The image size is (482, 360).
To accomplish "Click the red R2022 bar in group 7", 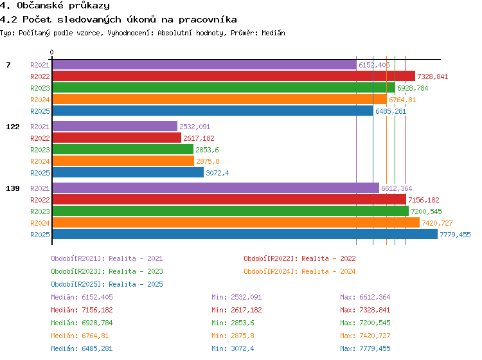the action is click(234, 76).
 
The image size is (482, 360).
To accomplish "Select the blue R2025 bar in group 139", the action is click(245, 234).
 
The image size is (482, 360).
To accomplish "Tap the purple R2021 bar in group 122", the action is click(115, 127).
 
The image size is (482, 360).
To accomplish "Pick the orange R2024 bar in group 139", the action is click(236, 222).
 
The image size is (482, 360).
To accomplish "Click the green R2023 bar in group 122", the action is click(123, 149).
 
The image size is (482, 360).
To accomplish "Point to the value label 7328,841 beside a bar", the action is click(433, 76).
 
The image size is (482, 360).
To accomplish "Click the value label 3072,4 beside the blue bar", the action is click(217, 173).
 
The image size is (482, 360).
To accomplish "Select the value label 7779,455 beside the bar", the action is click(455, 235).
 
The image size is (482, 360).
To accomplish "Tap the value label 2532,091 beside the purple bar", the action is click(195, 127).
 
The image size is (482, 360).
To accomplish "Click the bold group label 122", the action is click(13, 127).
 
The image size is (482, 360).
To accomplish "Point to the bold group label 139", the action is click(13, 188).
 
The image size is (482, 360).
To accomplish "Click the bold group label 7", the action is click(8, 65).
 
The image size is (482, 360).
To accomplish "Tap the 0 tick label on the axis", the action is click(51, 52).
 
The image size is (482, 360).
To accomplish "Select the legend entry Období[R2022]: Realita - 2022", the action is click(299, 258).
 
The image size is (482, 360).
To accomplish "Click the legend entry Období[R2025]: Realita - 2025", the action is click(107, 284).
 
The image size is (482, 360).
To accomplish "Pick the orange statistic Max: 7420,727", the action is click(365, 336).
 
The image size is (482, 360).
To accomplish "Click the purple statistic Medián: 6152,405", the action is click(82, 297).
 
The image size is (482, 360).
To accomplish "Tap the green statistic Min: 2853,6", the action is click(233, 323).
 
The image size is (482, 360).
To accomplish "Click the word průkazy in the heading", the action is click(89, 6).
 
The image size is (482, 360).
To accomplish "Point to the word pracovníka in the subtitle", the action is click(208, 20).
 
